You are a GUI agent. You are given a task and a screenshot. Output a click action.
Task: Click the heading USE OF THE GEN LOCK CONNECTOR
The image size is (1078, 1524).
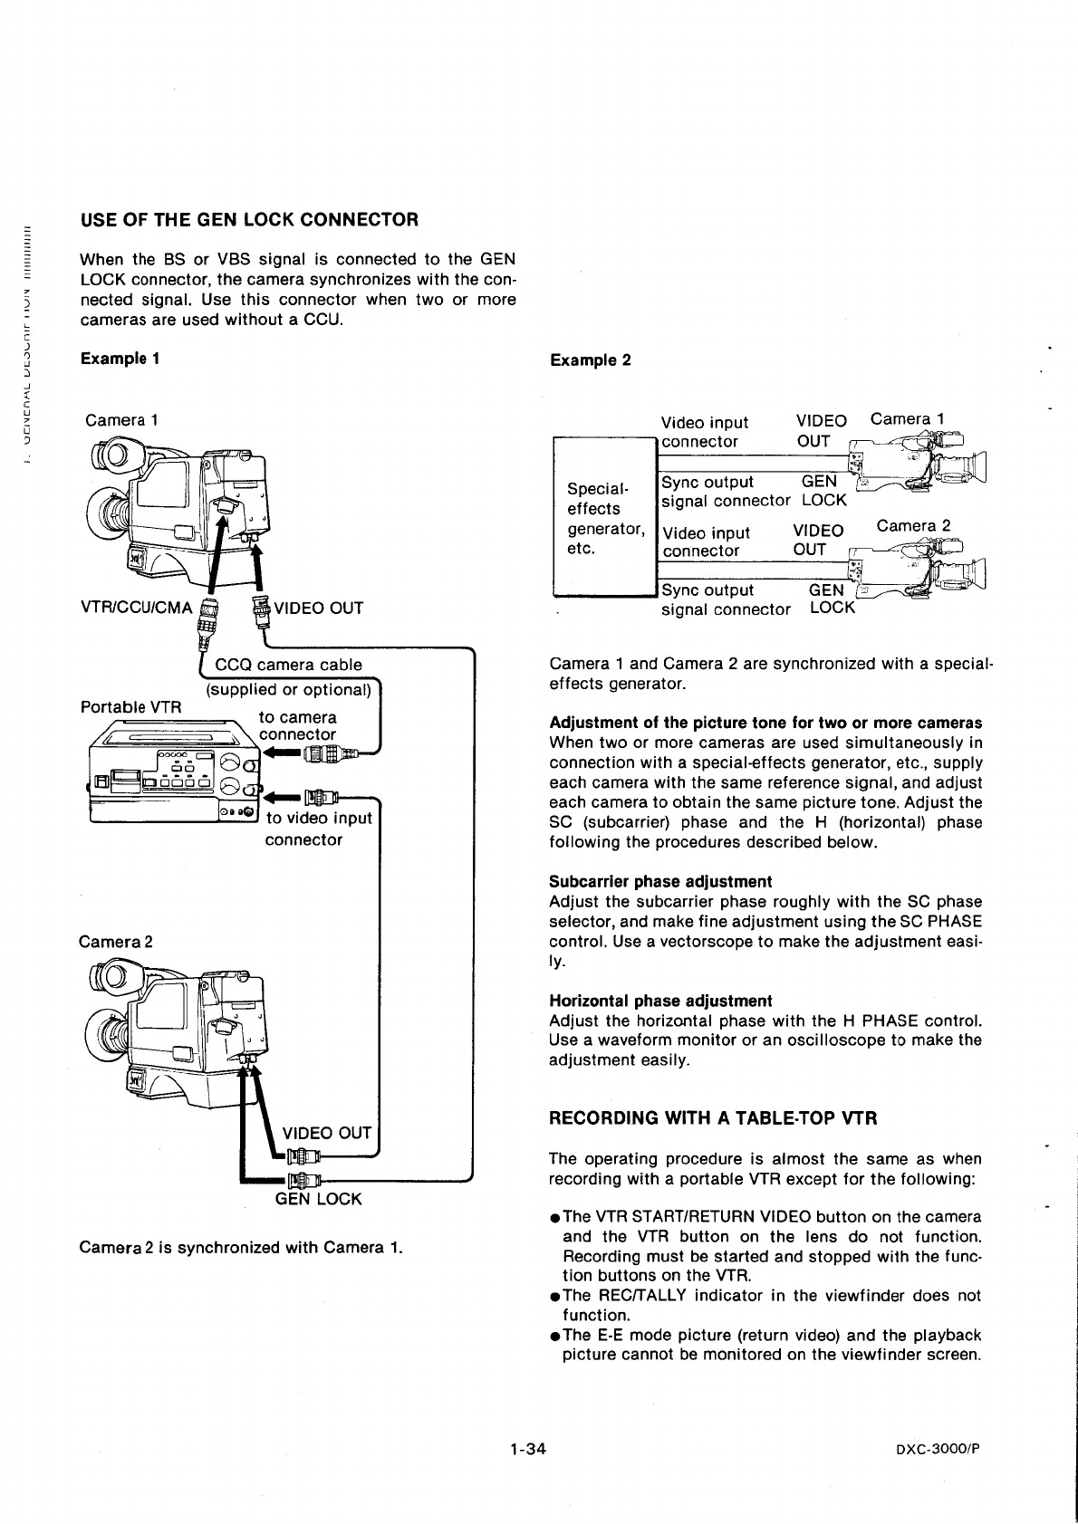point(249,220)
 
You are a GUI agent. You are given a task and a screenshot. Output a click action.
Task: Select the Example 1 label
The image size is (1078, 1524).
point(120,359)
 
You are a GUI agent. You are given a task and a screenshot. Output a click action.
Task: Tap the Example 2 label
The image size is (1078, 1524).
point(590,360)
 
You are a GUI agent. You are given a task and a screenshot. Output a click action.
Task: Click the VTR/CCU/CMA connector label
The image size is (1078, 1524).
point(137,608)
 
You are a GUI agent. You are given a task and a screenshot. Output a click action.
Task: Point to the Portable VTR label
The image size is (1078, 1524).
point(131,706)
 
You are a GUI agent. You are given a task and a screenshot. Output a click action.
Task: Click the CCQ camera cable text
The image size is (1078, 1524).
point(288,665)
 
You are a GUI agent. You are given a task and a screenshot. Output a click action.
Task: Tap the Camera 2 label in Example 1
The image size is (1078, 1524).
point(115,942)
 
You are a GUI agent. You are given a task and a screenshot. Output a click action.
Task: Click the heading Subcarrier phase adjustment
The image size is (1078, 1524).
point(660,882)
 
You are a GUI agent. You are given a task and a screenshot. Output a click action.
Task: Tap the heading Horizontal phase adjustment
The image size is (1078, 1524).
point(660,1001)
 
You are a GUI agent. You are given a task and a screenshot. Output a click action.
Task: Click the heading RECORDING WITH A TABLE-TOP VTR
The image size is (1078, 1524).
point(713,1117)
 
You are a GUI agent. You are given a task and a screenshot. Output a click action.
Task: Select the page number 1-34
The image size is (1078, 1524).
point(527,1449)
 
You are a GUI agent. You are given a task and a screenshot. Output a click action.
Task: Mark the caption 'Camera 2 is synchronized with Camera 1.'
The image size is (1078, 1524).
point(240,1248)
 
